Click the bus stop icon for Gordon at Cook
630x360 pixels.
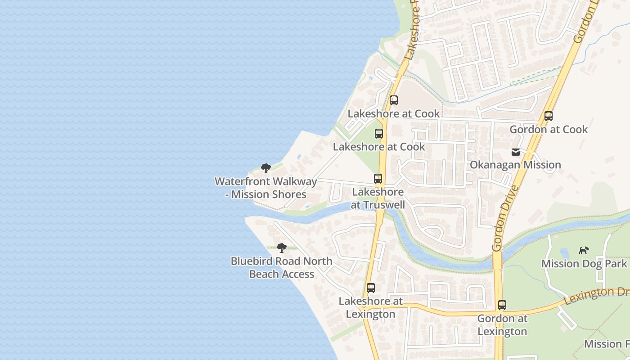click(548, 116)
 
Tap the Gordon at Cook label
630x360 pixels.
click(549, 130)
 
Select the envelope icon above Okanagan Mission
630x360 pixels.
click(516, 152)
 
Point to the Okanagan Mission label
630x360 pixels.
click(515, 165)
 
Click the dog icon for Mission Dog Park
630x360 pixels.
click(584, 250)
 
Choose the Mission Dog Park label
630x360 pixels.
click(584, 264)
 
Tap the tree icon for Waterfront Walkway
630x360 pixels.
click(266, 168)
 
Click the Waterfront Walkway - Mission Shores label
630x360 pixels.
click(266, 188)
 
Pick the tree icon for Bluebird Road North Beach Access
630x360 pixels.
click(282, 247)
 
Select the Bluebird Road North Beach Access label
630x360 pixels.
click(282, 267)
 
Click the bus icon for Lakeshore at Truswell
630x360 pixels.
click(378, 179)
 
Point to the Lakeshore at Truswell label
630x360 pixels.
click(378, 198)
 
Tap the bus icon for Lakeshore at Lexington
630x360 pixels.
click(371, 288)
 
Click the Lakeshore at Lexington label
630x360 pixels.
click(371, 307)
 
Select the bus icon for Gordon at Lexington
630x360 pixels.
click(502, 305)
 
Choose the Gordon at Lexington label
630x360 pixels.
click(502, 325)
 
